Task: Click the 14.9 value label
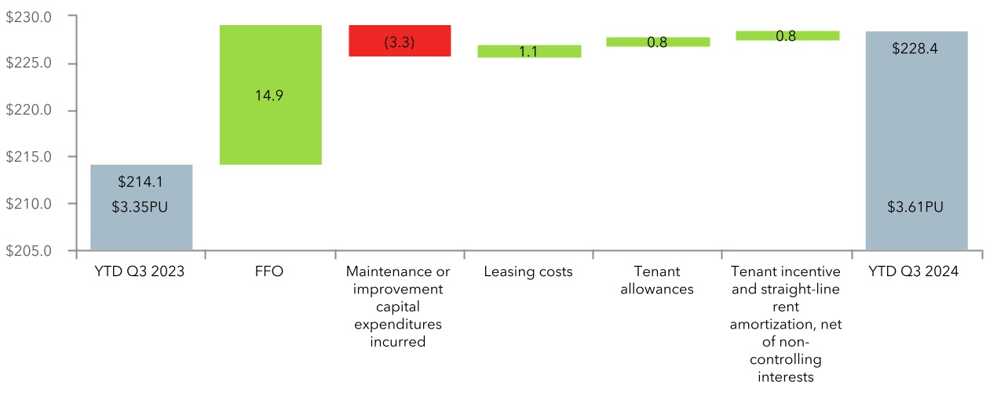pyautogui.click(x=270, y=96)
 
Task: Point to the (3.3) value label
pyautogui.click(x=400, y=43)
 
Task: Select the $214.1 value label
pyautogui.click(x=141, y=182)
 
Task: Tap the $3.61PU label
pyautogui.click(x=916, y=207)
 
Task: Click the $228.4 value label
pyautogui.click(x=916, y=49)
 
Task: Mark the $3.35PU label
pyautogui.click(x=141, y=207)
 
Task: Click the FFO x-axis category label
pyautogui.click(x=270, y=272)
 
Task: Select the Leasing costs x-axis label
pyautogui.click(x=529, y=272)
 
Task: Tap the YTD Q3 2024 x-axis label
pyautogui.click(x=916, y=272)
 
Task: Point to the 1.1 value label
pyautogui.click(x=529, y=53)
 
